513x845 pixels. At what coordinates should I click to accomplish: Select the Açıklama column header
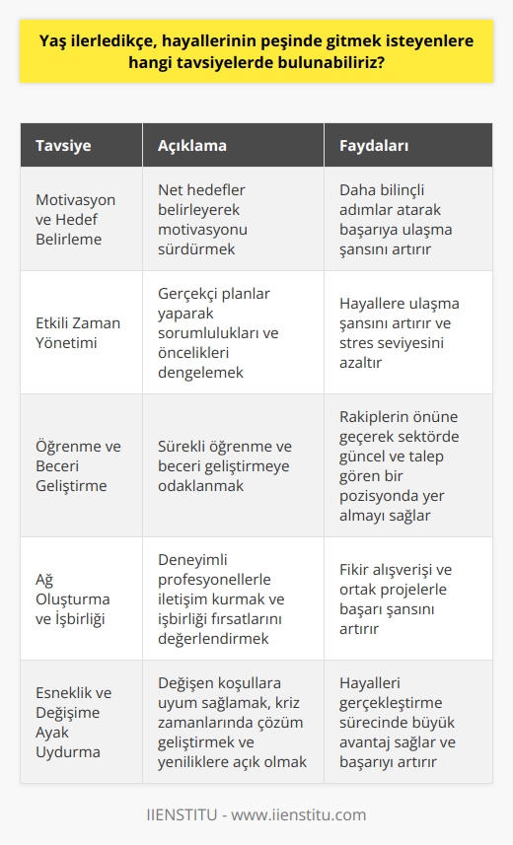click(192, 146)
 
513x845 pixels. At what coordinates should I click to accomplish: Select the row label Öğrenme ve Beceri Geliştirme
click(71, 465)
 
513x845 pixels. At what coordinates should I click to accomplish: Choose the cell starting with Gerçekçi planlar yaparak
click(218, 332)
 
